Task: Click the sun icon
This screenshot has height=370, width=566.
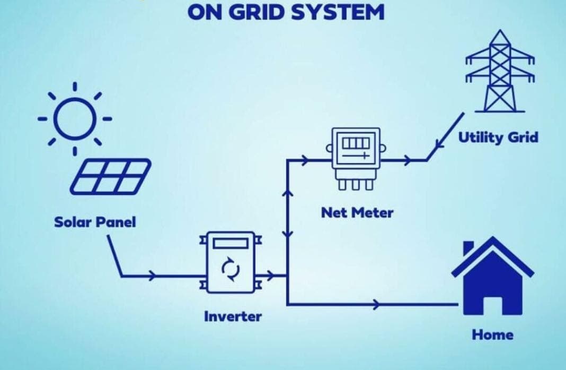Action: click(x=75, y=118)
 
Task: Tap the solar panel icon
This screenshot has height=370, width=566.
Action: click(x=111, y=176)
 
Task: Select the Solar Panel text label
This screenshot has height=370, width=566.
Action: click(x=95, y=221)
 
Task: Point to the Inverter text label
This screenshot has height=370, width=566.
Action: click(x=233, y=316)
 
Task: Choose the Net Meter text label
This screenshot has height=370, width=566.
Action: click(x=357, y=213)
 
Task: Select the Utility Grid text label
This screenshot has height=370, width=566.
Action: click(x=498, y=137)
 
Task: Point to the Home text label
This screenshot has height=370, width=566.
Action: click(x=492, y=334)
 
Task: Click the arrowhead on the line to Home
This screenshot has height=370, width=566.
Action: click(x=376, y=304)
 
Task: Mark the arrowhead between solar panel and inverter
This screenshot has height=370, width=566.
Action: click(x=153, y=276)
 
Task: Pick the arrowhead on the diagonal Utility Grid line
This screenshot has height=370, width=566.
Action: click(x=439, y=143)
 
